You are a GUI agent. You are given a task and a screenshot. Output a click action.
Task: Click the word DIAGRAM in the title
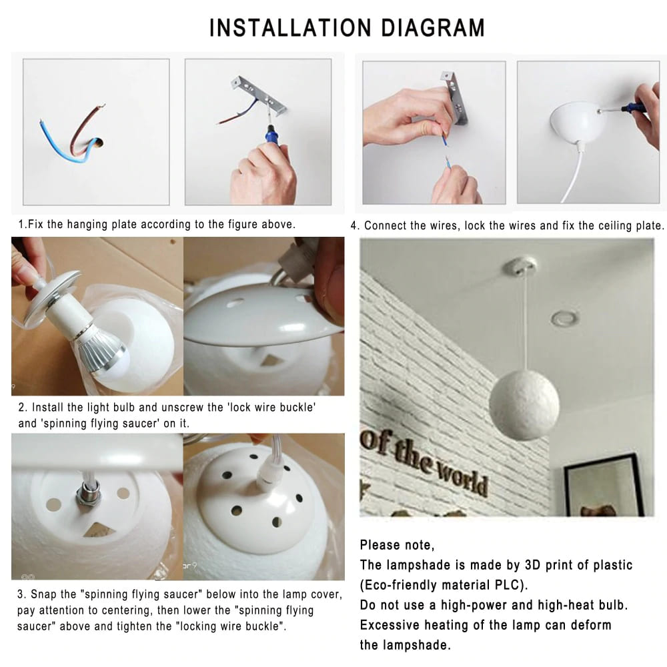tap(433, 28)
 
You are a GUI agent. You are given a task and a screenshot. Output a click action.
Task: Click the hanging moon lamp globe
tap(524, 405)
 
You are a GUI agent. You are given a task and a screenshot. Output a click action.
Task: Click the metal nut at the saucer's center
tap(88, 493)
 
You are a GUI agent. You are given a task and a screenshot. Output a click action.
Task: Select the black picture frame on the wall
tap(604, 485)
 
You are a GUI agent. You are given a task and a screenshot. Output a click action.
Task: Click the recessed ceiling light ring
tap(565, 317)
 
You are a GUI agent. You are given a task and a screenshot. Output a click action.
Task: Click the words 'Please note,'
tap(397, 545)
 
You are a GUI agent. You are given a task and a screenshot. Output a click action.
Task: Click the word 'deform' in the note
tap(591, 625)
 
